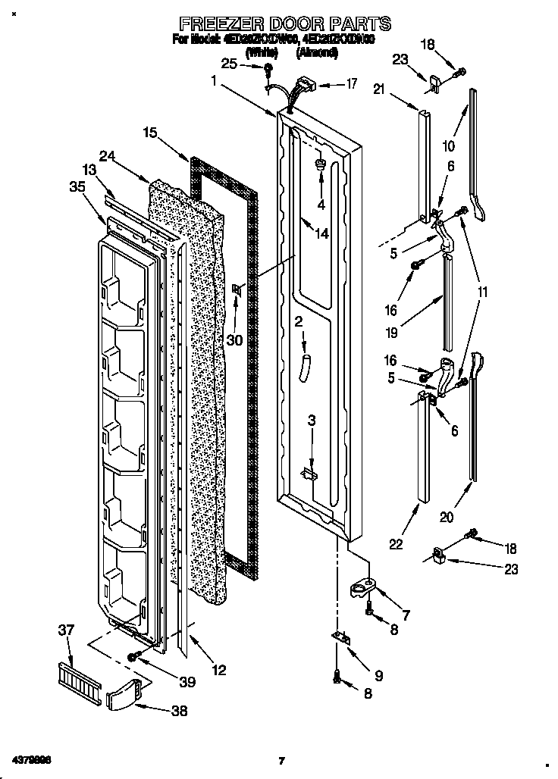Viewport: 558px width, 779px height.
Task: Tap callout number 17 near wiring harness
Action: tap(351, 85)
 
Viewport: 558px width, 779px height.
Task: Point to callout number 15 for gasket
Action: tap(151, 133)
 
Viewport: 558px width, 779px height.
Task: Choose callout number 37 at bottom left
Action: tap(68, 630)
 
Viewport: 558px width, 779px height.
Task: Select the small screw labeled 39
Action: tap(134, 656)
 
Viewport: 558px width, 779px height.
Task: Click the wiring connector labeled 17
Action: tap(303, 83)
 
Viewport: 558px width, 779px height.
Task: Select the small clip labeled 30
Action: tap(237, 288)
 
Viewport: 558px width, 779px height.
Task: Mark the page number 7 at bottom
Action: tap(281, 761)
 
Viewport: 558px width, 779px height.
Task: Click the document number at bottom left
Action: tap(31, 759)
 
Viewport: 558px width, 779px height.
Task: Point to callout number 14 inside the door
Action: tap(322, 233)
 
